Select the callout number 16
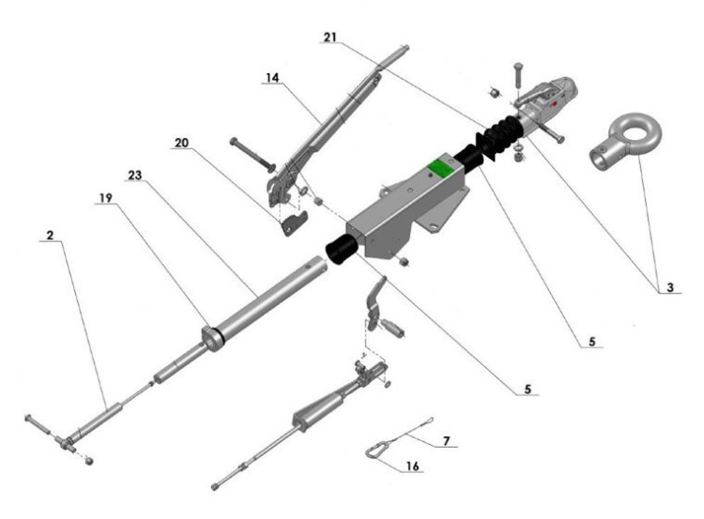(x=413, y=466)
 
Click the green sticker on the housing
(x=438, y=169)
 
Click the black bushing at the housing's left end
(x=341, y=252)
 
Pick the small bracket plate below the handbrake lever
(x=296, y=221)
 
